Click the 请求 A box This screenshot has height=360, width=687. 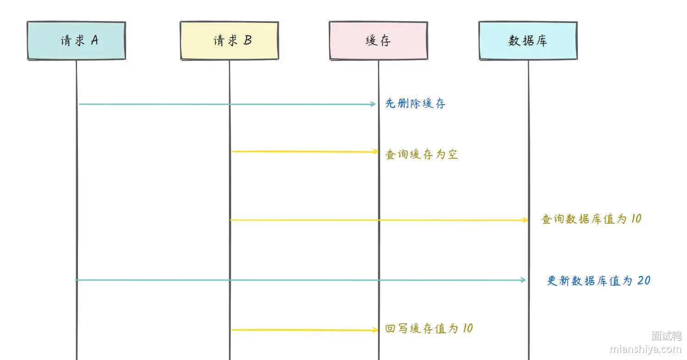(77, 40)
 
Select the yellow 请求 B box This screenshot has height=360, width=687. (229, 40)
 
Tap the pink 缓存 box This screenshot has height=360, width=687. (378, 40)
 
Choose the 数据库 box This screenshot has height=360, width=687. (528, 40)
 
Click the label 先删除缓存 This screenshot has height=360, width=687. (415, 103)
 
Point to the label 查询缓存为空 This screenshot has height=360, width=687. (421, 154)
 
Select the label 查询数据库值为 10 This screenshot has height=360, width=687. (591, 219)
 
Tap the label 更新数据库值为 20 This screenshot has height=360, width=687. (598, 281)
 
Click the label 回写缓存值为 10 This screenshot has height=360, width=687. (429, 328)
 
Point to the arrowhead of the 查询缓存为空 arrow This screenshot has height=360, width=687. (376, 151)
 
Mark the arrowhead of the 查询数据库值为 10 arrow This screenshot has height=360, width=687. (525, 220)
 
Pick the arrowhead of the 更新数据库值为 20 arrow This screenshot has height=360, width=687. (523, 280)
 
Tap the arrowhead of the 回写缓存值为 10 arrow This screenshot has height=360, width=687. (375, 330)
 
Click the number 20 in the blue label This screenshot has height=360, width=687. (644, 280)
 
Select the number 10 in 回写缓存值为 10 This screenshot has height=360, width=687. (468, 328)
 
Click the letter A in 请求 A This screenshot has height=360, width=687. (95, 40)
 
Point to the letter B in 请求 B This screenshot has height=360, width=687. (248, 40)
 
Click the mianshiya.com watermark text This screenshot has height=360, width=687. (646, 349)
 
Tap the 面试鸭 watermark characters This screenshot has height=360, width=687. (666, 336)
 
